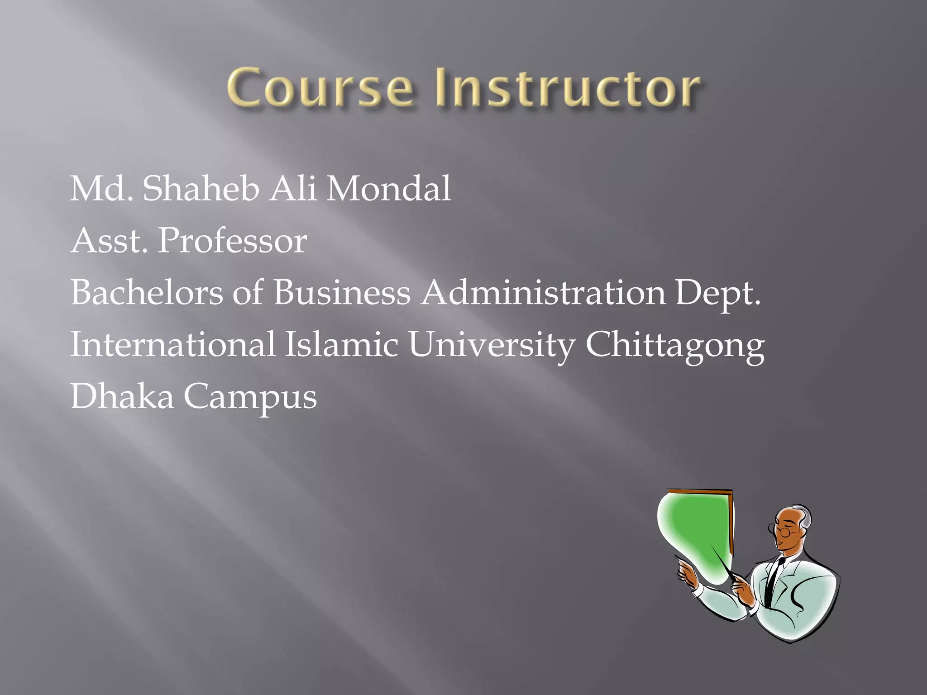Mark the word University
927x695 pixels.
[x=492, y=345]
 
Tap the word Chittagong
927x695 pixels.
[x=675, y=345]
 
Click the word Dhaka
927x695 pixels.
[x=122, y=396]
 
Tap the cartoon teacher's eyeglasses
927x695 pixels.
[x=781, y=529]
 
